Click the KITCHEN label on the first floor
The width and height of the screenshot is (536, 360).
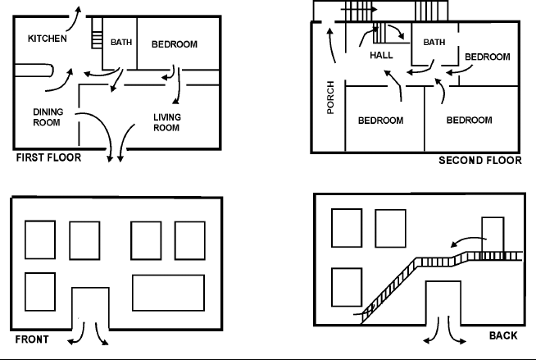[48, 39]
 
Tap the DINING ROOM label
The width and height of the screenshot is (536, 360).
[48, 116]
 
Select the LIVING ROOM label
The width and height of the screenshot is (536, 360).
[166, 122]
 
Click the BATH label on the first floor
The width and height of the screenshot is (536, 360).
[121, 43]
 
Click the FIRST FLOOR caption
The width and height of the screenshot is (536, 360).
[48, 157]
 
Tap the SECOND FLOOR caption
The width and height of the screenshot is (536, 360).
[479, 161]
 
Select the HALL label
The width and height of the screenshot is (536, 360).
[381, 56]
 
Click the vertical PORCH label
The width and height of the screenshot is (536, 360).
[330, 97]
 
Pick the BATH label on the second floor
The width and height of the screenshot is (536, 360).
[434, 42]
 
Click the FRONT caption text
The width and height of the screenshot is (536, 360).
[31, 339]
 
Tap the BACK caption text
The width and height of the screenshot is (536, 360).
[503, 336]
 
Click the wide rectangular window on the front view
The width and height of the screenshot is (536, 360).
[168, 293]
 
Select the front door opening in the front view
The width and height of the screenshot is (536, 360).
[90, 308]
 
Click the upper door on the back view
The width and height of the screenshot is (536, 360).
[493, 235]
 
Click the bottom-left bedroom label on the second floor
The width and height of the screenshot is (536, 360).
[380, 121]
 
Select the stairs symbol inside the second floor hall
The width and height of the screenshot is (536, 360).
[383, 34]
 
